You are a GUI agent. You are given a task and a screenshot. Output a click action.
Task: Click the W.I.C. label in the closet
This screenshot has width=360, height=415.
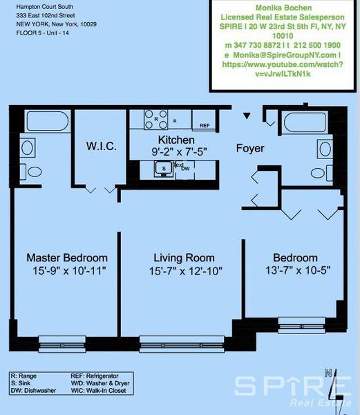pyautogui.click(x=101, y=147)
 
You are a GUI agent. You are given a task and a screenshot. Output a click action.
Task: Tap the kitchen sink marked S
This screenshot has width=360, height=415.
pyautogui.click(x=164, y=167)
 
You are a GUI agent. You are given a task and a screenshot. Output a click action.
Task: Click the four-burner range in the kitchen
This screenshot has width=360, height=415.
pyautogui.click(x=157, y=119)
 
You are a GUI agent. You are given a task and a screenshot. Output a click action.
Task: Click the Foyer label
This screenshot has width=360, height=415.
pyautogui.click(x=251, y=148)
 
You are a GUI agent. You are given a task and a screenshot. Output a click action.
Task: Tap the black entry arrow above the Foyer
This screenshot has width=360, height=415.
pyautogui.click(x=247, y=116)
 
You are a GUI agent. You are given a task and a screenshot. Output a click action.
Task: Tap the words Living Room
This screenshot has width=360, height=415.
pyautogui.click(x=183, y=258)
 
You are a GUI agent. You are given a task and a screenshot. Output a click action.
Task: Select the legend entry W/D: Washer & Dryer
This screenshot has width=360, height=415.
pyautogui.click(x=100, y=383)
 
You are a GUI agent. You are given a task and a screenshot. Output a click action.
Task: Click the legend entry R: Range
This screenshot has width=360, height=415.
pyautogui.click(x=26, y=375)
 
